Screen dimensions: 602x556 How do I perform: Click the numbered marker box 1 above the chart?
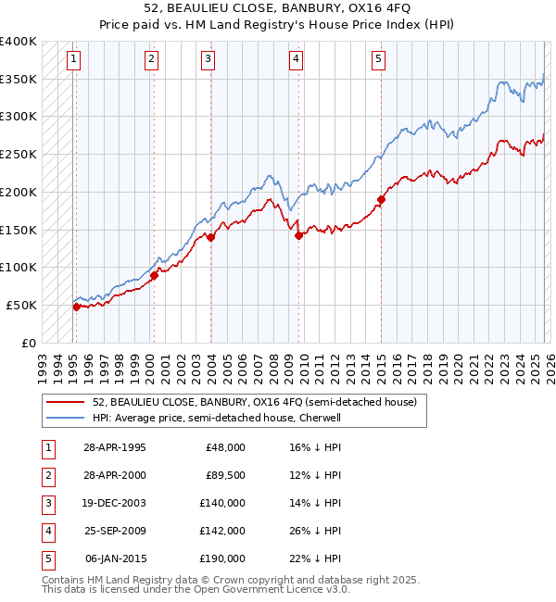pyautogui.click(x=73, y=59)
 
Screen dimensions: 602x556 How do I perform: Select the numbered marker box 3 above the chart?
pyautogui.click(x=208, y=59)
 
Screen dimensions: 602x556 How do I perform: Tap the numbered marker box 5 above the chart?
pyautogui.click(x=379, y=59)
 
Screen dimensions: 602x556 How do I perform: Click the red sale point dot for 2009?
pyautogui.click(x=298, y=235)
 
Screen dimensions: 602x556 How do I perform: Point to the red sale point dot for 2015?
pyautogui.click(x=381, y=199)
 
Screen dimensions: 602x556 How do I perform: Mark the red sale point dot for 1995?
pyautogui.click(x=76, y=307)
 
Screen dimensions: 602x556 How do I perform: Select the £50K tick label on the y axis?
pyautogui.click(x=21, y=305)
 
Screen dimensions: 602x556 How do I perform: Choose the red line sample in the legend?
pyautogui.click(x=66, y=403)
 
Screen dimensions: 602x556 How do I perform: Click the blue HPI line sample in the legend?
pyautogui.click(x=66, y=419)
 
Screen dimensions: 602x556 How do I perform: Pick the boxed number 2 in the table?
pyautogui.click(x=47, y=475)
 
